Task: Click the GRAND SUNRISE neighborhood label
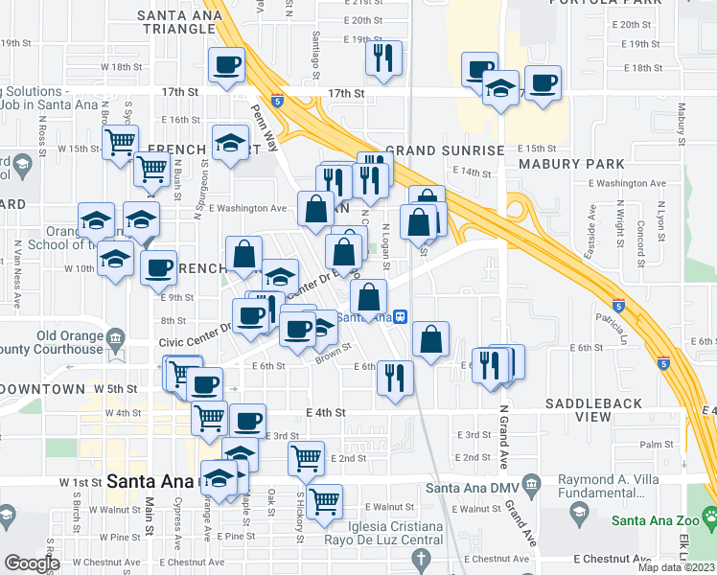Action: [445, 151]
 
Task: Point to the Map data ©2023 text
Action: [677, 567]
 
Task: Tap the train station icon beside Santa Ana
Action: [403, 318]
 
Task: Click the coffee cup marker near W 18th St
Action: [226, 65]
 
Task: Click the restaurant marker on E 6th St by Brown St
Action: [394, 376]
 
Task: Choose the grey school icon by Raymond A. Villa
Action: [578, 516]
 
